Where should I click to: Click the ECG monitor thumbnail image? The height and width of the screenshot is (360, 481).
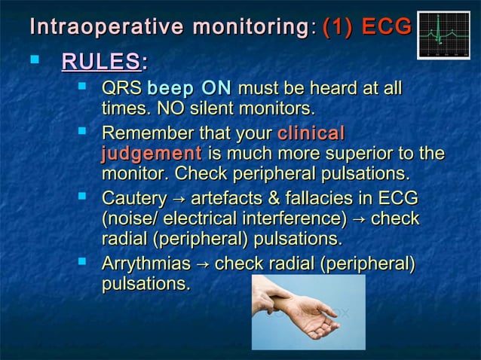click(x=443, y=35)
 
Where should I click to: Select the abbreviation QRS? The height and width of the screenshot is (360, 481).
click(x=121, y=90)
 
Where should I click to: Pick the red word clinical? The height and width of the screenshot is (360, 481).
click(x=311, y=134)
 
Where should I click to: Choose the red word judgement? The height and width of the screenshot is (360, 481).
click(x=151, y=154)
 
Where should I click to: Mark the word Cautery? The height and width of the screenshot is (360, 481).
click(x=133, y=199)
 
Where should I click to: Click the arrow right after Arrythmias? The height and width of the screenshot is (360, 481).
click(x=201, y=265)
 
